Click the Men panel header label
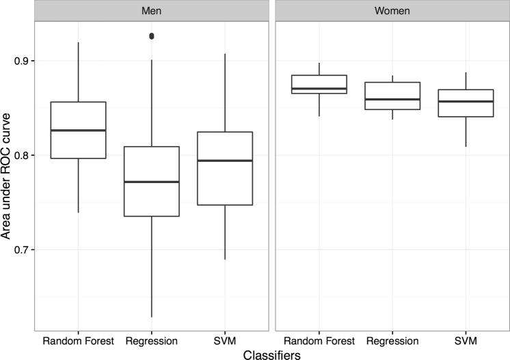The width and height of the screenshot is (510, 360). click(x=151, y=11)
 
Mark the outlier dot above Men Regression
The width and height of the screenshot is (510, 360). click(x=151, y=36)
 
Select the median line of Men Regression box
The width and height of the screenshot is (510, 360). click(x=151, y=182)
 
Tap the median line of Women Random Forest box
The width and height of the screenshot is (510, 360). click(x=319, y=89)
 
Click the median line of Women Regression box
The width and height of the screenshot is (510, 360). click(x=392, y=99)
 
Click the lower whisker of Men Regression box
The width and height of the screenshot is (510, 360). click(x=151, y=273)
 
